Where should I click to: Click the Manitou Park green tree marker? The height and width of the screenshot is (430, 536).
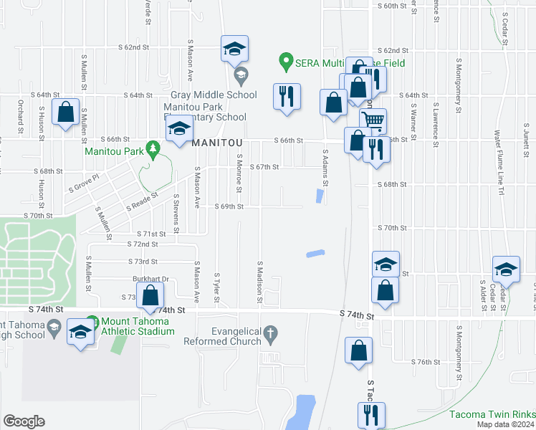pos(152,148)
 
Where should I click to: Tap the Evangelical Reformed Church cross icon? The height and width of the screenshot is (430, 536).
pos(270,332)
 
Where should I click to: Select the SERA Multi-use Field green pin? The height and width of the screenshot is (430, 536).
pos(286,62)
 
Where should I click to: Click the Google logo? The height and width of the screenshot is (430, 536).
pos(24,421)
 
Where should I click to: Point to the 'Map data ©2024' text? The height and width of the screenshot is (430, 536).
pos(504,424)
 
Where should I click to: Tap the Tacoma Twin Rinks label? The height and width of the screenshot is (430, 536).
pos(492,414)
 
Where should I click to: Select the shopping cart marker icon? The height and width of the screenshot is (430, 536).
pos(373,120)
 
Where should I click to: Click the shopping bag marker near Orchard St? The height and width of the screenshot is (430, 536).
pos(66,113)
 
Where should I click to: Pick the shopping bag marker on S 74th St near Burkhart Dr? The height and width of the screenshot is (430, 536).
pos(150,295)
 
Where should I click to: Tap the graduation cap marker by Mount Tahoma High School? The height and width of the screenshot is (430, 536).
pos(80,332)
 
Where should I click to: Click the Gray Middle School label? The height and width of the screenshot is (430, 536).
pos(214,95)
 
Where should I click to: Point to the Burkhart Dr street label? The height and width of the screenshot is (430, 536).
pos(149,279)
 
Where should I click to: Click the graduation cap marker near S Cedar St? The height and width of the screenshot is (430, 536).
pos(506,269)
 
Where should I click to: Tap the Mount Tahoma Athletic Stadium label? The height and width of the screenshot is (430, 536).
pos(138,326)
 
